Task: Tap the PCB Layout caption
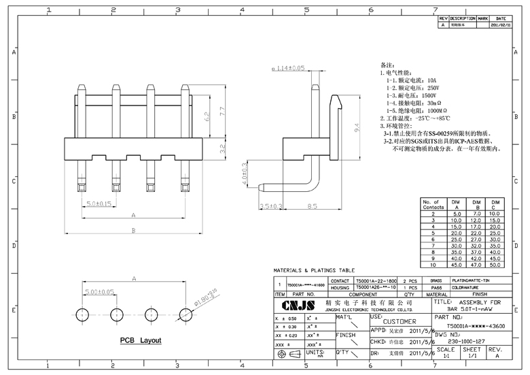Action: [141, 340]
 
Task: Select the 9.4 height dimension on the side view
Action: [356, 127]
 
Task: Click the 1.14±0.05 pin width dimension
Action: [288, 69]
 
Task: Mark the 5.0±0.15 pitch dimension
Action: [99, 204]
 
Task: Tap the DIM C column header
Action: [495, 204]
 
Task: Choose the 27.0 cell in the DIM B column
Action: [476, 240]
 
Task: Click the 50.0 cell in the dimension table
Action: [495, 265]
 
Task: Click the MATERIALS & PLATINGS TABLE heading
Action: [315, 270]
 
